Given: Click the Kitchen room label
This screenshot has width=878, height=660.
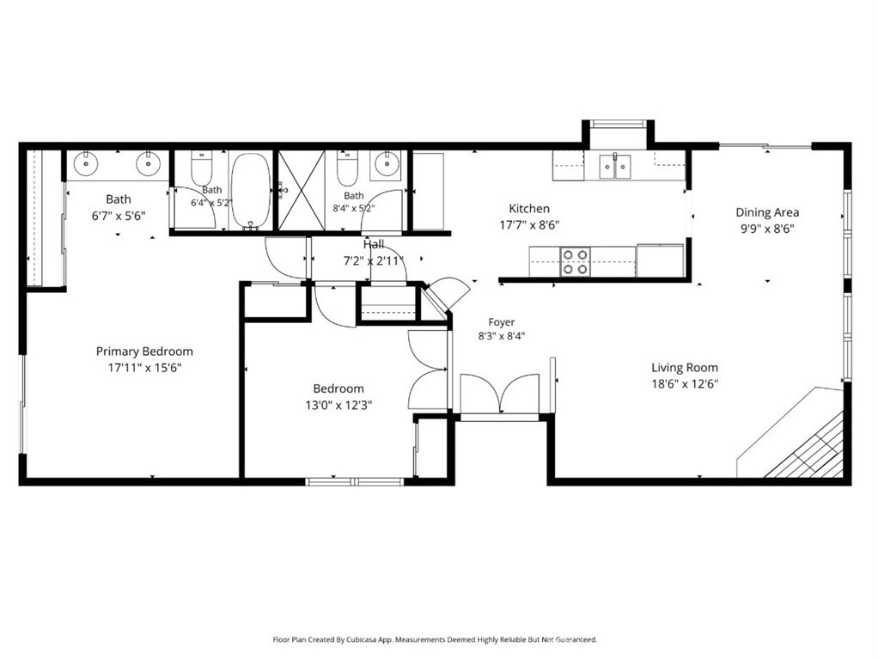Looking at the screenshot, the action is (529, 209).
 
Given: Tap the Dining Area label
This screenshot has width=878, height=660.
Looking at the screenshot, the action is (767, 212).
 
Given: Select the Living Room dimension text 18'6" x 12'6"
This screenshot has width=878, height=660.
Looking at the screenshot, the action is (685, 384).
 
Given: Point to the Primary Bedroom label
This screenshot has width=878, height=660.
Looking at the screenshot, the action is (144, 351).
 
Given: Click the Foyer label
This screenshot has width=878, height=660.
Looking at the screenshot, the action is (501, 322).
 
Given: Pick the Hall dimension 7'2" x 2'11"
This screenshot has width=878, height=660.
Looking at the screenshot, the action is (374, 260).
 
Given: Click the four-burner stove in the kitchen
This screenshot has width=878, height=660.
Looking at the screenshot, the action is (576, 261).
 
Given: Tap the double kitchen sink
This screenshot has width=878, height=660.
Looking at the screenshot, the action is (615, 166).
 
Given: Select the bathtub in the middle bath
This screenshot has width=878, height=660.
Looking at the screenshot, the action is (251, 191).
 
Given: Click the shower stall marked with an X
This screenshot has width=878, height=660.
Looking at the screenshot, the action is (302, 190).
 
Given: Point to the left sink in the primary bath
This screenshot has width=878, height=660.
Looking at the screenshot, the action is (86, 163).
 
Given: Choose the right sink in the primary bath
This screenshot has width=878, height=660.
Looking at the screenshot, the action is (149, 163).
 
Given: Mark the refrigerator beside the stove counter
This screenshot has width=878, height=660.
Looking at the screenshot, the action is (660, 260).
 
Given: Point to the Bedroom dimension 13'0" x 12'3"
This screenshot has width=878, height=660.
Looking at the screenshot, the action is (338, 405).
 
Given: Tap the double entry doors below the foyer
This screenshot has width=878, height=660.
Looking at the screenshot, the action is (499, 395).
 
